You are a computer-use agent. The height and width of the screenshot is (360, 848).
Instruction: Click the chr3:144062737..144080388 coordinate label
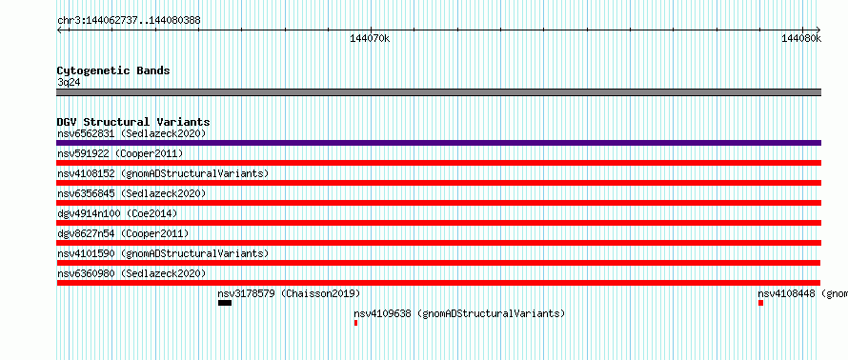129,21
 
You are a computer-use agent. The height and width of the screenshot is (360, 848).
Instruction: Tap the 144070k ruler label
370,38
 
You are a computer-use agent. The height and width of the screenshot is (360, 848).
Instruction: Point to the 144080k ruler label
801,38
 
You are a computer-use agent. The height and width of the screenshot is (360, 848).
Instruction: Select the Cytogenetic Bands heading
113,70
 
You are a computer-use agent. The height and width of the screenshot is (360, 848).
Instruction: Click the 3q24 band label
70,82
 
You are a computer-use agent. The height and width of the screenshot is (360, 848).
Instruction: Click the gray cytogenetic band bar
438,92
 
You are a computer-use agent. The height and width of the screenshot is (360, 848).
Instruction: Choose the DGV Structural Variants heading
133,122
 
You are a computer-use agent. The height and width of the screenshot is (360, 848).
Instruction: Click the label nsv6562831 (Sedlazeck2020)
131,133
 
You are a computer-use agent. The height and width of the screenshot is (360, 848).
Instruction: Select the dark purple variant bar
438,143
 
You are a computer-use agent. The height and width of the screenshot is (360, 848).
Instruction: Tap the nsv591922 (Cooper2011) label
120,153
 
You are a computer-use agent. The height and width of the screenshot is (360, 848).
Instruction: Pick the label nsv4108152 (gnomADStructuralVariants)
163,173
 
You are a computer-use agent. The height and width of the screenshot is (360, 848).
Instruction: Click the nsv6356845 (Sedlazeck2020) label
131,193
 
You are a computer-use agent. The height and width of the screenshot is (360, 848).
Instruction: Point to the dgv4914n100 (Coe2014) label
117,213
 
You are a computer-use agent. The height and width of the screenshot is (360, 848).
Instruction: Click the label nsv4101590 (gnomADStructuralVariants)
163,253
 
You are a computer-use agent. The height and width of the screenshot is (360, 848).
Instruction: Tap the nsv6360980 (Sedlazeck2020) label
131,273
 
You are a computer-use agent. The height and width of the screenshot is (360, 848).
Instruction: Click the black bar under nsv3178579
225,303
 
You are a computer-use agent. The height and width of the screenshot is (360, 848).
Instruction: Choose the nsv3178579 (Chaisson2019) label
289,293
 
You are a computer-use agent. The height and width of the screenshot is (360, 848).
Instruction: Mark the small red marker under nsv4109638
355,323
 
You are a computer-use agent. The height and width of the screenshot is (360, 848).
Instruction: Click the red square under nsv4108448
761,303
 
